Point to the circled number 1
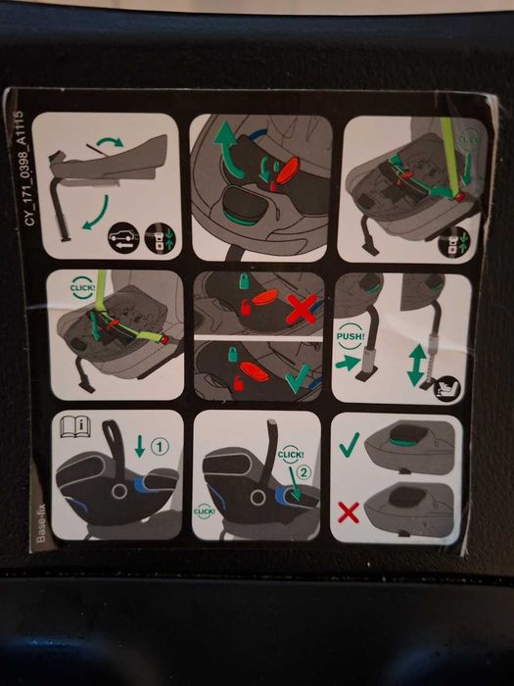(160, 446)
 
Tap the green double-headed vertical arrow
(415, 364)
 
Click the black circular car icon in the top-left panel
(123, 235)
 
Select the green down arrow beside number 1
(140, 446)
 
